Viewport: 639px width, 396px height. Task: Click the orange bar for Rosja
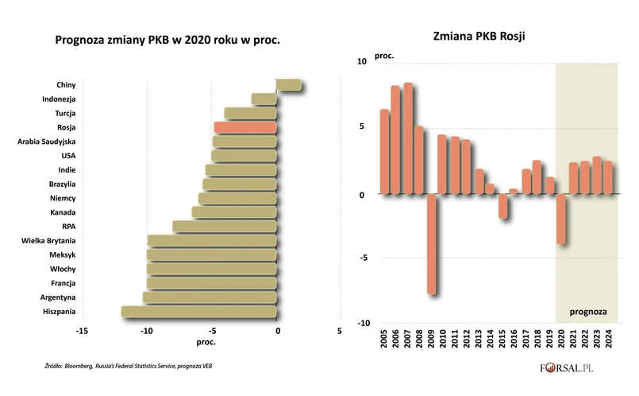pyautogui.click(x=244, y=127)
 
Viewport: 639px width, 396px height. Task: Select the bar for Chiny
pyautogui.click(x=289, y=85)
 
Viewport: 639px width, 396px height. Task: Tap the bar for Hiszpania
pyautogui.click(x=198, y=311)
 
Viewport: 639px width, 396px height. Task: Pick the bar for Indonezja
pyautogui.click(x=264, y=99)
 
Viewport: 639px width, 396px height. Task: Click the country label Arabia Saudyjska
pyautogui.click(x=46, y=142)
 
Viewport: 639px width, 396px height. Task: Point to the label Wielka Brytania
pyautogui.click(x=49, y=240)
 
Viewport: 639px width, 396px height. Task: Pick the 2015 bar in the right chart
pyautogui.click(x=503, y=206)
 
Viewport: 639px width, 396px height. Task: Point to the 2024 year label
pyautogui.click(x=608, y=349)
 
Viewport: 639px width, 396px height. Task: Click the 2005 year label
pyautogui.click(x=384, y=349)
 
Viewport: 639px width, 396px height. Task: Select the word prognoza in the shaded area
pyautogui.click(x=587, y=311)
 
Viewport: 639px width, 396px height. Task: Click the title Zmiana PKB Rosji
pyautogui.click(x=480, y=37)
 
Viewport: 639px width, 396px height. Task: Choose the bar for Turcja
pyautogui.click(x=250, y=114)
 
